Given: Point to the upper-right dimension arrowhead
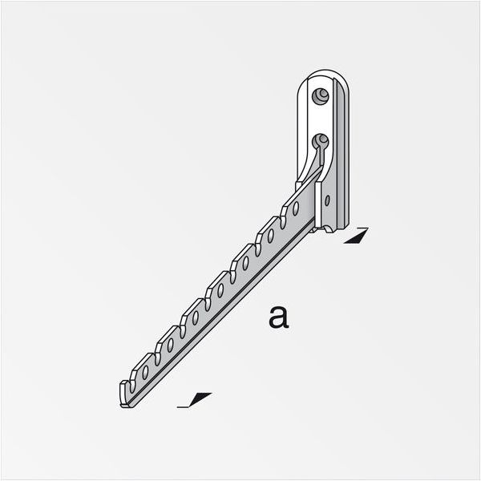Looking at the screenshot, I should coord(356,236).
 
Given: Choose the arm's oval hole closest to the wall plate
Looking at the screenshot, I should coord(295,208).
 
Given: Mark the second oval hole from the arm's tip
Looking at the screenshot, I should coord(170,346).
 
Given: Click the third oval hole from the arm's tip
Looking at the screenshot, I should coord(195,317).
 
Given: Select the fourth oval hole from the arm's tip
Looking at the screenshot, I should coord(220,290).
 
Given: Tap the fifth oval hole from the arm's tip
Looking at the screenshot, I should coord(245,263).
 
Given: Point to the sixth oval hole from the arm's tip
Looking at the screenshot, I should coord(270,236).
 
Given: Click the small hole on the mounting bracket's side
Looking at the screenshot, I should coord(327,197).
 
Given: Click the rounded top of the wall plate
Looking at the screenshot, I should coord(325,75).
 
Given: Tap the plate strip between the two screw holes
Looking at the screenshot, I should coord(321,119).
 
